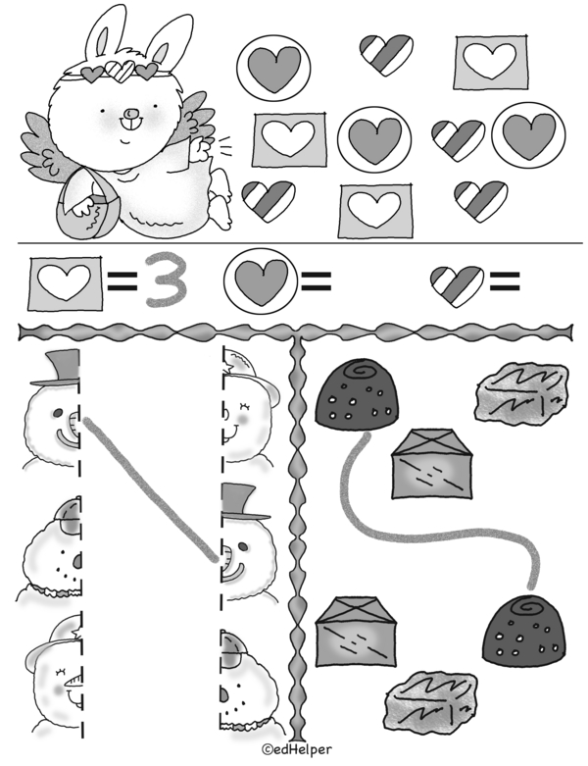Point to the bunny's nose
(128, 114)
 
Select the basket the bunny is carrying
(87, 204)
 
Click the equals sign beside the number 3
(122, 282)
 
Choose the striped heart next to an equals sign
(457, 285)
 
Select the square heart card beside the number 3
(66, 283)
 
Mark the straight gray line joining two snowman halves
(150, 489)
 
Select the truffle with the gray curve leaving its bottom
(357, 395)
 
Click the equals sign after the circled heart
(317, 281)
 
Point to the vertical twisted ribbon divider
(297, 537)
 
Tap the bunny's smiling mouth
(124, 140)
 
